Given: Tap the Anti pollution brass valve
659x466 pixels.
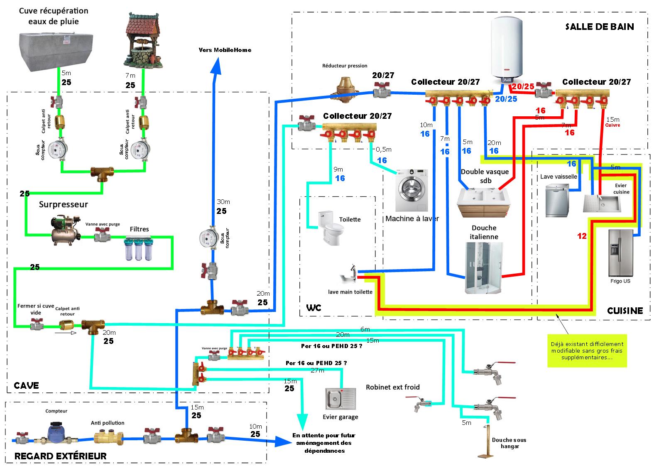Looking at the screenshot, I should (107, 437).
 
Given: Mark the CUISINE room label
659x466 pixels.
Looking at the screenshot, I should (625, 310).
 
